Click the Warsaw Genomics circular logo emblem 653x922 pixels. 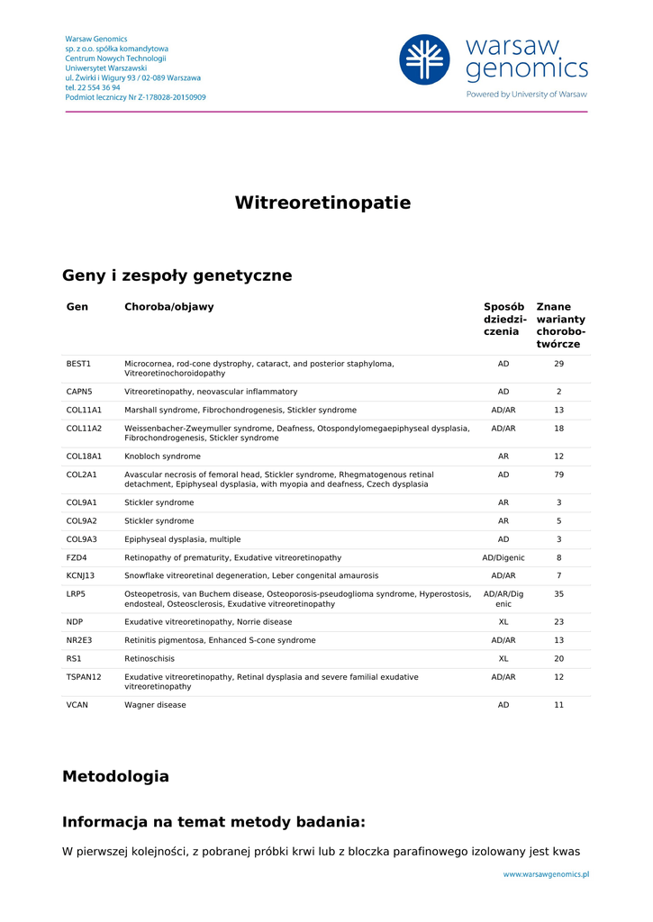[x=424, y=59]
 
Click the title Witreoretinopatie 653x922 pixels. [x=322, y=203]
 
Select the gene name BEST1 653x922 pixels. [x=78, y=364]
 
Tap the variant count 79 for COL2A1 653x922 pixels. [x=558, y=475]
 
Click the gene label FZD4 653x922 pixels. [x=77, y=558]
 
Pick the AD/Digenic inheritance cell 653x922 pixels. [x=503, y=558]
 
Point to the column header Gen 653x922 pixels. [x=77, y=307]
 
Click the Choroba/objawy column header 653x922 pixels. [x=168, y=307]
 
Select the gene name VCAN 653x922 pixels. [x=77, y=705]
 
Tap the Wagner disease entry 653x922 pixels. [x=155, y=705]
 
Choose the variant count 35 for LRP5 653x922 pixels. [x=558, y=594]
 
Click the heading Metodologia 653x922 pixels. [x=115, y=776]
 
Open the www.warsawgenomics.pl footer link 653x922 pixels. [x=546, y=873]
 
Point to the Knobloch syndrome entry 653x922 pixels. [x=162, y=456]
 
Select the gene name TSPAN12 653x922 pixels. [x=84, y=677]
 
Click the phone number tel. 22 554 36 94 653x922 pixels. [x=93, y=87]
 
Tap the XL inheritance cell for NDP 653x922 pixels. [x=503, y=622]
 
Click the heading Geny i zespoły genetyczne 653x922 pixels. [x=177, y=276]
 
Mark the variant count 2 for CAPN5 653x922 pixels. [x=558, y=392]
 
